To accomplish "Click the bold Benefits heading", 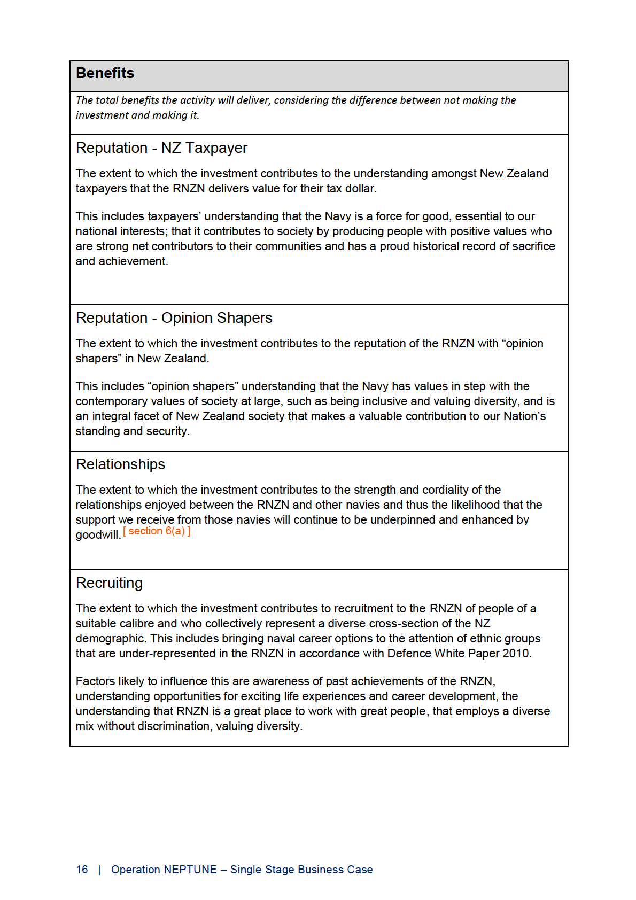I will click(105, 73).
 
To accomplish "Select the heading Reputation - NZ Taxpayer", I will click(161, 148).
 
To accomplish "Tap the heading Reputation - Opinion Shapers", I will click(174, 318).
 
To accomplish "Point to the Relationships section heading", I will click(120, 464).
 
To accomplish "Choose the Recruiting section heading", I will click(109, 583).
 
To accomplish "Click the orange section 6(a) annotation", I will click(157, 531).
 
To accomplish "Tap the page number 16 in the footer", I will click(82, 870).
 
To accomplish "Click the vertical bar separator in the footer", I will click(99, 870).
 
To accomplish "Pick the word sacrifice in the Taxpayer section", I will click(533, 246).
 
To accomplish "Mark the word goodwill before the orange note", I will click(98, 535).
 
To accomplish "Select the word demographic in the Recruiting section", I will click(110, 639).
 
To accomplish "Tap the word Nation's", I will click(524, 416).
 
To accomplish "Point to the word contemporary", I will click(110, 401).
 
